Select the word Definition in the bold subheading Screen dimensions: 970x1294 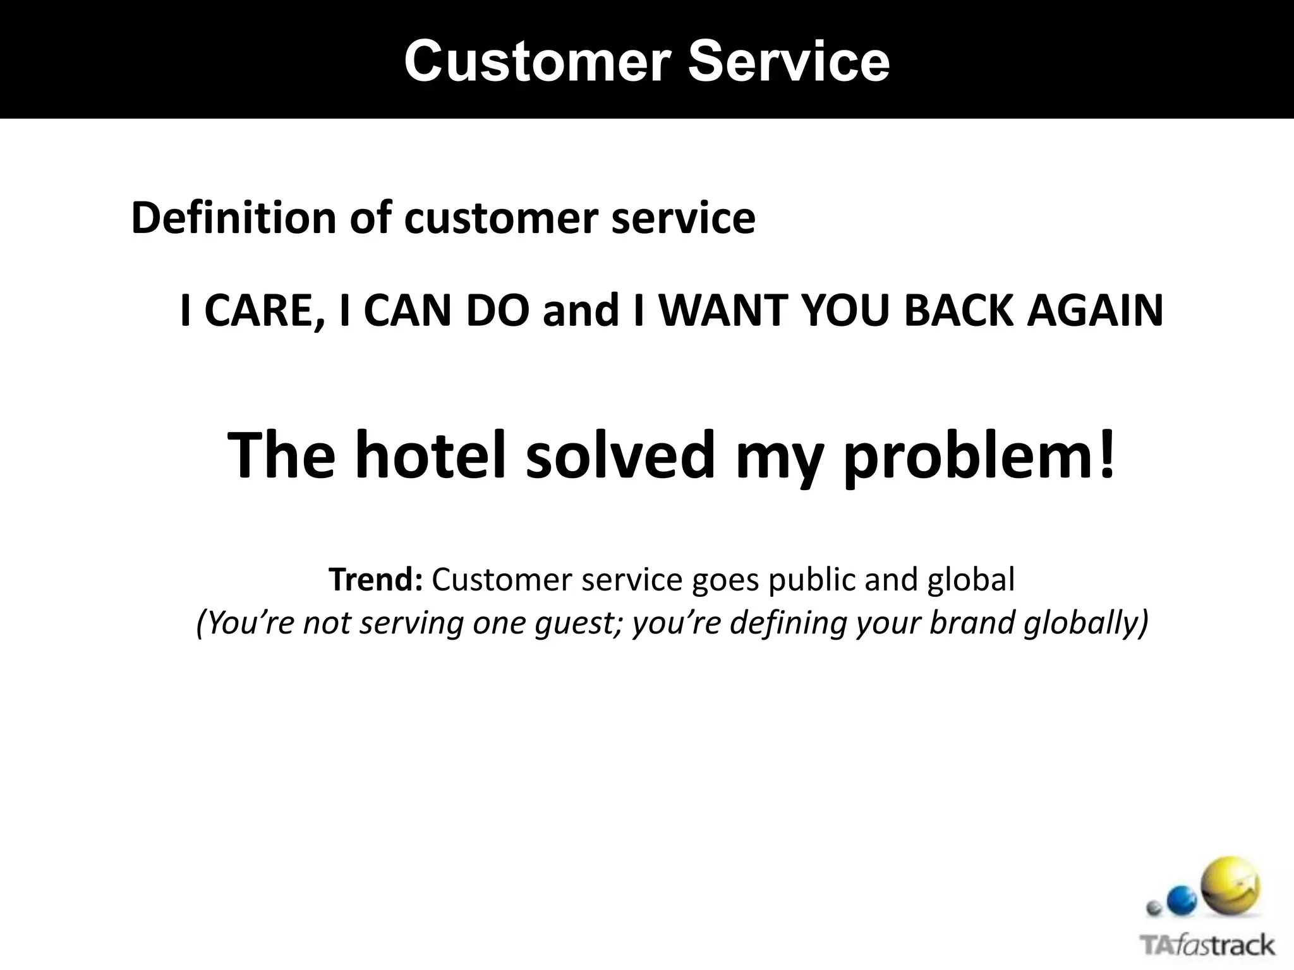[x=234, y=218]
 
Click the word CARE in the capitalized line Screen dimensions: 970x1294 [x=265, y=311]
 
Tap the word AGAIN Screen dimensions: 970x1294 [x=1094, y=311]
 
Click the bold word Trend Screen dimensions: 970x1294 [x=375, y=579]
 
